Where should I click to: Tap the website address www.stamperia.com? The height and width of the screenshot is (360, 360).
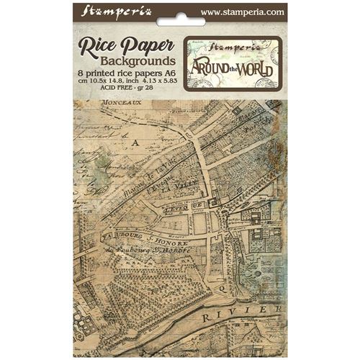[x=243, y=12]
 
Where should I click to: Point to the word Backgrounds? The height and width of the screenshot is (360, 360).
[x=127, y=63]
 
